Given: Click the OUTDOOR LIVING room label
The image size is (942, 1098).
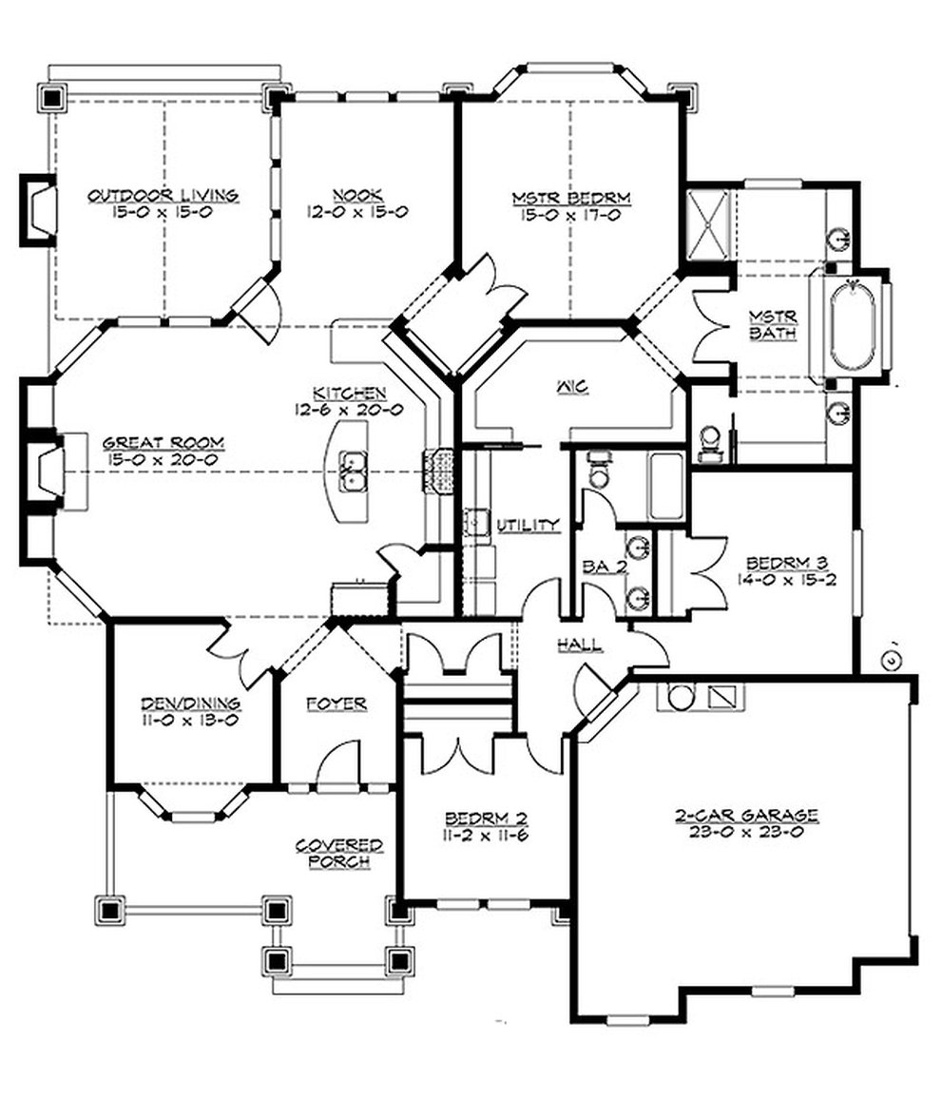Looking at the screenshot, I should coord(163,196).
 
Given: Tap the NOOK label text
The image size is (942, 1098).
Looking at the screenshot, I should coord(357,196).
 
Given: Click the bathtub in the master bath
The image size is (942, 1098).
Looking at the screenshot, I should coord(853,324).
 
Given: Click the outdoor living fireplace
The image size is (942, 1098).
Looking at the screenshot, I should coord(40,210).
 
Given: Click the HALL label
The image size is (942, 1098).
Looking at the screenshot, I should coord(580,645).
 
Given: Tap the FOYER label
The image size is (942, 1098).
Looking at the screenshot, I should coord(336,704).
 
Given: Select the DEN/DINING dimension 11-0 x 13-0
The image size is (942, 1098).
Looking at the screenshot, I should coord(190,721).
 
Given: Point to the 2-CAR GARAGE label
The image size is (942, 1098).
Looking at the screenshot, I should coord(746,815).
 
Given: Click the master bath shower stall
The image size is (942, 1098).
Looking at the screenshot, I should coord(708,225).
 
